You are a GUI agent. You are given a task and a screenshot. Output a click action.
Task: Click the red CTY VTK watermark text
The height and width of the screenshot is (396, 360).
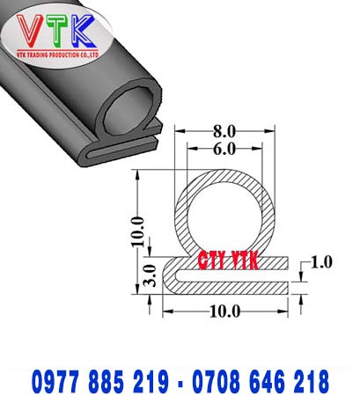point(224,260)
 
